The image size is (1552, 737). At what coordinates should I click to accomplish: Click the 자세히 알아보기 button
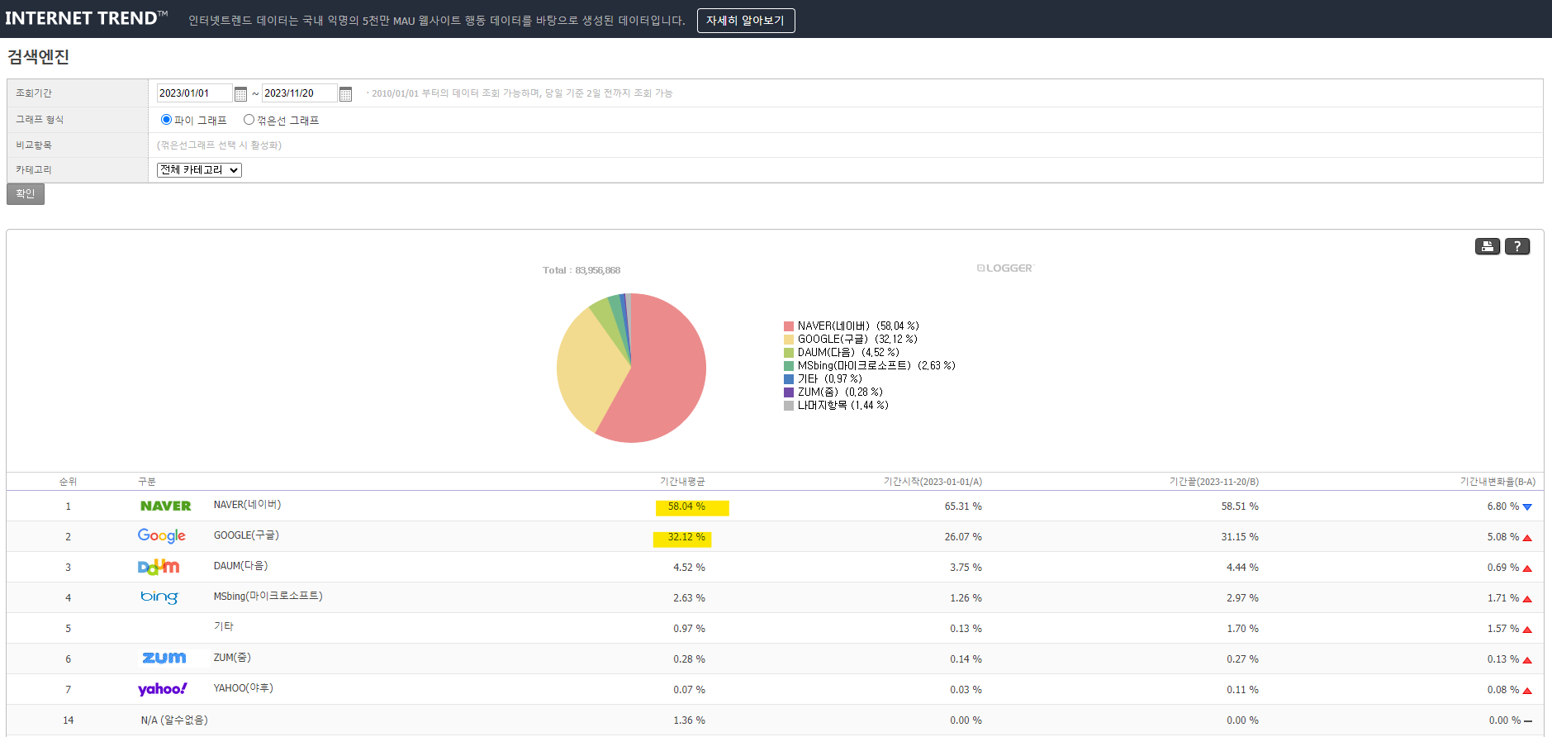[746, 21]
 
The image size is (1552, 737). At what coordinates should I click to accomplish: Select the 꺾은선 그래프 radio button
[249, 120]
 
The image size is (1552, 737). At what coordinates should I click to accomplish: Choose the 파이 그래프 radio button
[166, 120]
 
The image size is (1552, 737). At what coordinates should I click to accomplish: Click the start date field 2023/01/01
[195, 93]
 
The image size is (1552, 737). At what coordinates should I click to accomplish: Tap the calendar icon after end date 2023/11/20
[346, 94]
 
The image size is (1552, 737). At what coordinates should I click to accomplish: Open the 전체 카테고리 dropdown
[199, 170]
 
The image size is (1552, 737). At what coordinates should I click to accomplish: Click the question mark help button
[1517, 246]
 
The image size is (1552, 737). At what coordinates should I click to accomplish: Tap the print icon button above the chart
[1488, 246]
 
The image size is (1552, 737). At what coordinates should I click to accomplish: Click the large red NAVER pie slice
[661, 380]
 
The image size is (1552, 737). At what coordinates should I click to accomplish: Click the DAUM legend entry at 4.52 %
[842, 353]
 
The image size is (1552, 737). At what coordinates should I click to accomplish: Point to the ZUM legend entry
[833, 392]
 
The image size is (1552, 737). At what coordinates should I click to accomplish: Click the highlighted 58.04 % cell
[692, 507]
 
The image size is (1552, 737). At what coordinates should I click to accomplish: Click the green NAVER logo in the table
[165, 506]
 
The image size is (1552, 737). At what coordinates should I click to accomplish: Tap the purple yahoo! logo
[162, 689]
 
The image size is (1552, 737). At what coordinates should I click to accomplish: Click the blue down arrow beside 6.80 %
[1527, 507]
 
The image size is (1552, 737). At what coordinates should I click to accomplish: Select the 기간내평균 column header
[682, 482]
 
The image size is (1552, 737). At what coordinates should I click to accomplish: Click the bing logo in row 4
[159, 597]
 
